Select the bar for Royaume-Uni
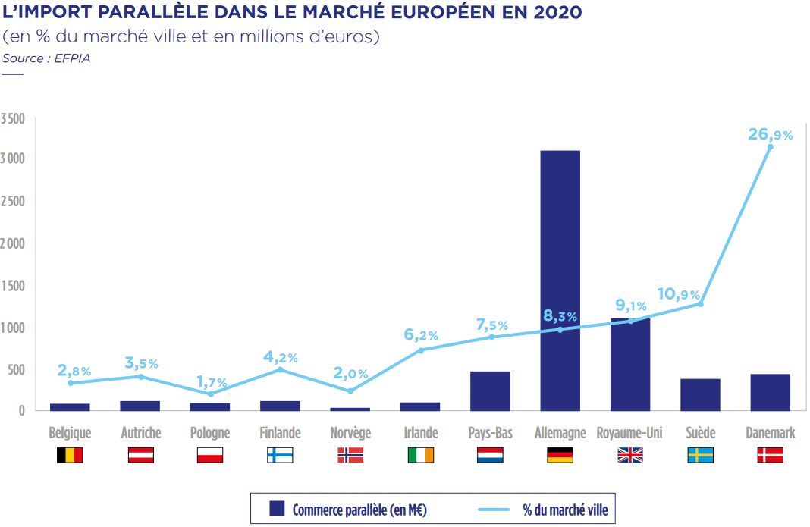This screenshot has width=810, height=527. pos(630,365)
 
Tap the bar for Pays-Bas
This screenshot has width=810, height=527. pos(490,391)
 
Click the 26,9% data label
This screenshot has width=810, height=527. pos(770,135)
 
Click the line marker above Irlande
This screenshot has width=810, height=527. pos(421,350)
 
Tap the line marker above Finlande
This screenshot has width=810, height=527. pos(280,369)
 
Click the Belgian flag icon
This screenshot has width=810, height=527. pos(70,455)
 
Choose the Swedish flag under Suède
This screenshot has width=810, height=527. pos(700,455)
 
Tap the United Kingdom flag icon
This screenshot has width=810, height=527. pos(629,455)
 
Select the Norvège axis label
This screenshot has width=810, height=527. pos(350,433)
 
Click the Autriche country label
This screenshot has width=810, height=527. pos(141,433)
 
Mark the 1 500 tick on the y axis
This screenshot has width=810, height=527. pos(13,286)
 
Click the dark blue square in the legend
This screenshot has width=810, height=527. pos(277,509)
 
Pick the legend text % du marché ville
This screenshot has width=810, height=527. pos(564,510)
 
